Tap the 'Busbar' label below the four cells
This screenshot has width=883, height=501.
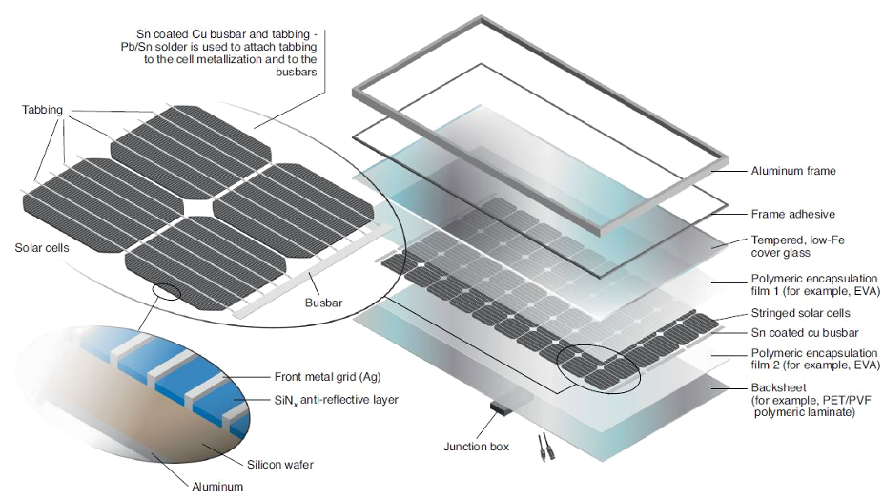pos(321,303)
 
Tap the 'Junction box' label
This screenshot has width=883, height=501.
pos(479,446)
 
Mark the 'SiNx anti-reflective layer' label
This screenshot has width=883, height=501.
pos(325,399)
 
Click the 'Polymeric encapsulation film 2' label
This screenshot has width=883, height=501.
pos(797,359)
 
